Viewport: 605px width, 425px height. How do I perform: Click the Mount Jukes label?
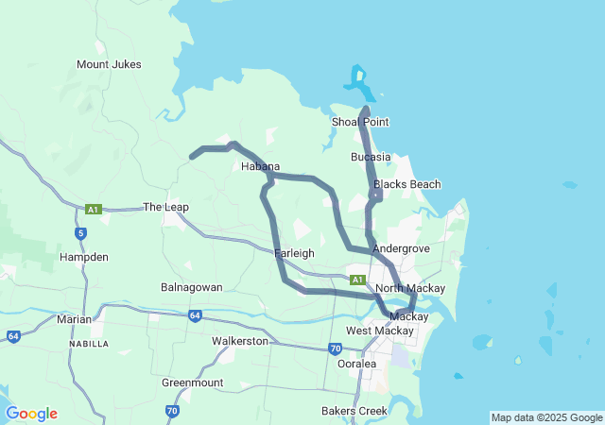(x=109, y=64)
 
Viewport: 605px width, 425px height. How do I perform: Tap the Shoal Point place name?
(x=360, y=122)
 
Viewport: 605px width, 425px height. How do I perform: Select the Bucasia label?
(x=371, y=156)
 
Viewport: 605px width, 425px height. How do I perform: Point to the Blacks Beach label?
(x=406, y=184)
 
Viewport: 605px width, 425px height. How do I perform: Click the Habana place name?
(x=260, y=166)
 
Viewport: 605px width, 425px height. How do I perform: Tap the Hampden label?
(x=83, y=256)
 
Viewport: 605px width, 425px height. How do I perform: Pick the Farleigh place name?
(x=293, y=253)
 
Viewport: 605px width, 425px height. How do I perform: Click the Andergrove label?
(x=401, y=248)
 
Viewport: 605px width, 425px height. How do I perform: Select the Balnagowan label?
(x=192, y=286)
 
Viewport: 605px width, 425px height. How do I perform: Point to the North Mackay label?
(x=410, y=288)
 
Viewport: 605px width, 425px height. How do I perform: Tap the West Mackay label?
(x=380, y=331)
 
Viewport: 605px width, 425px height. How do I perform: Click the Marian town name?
(x=74, y=319)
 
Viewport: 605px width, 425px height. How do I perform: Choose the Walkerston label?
(x=240, y=340)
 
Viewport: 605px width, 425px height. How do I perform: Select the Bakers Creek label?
(x=353, y=411)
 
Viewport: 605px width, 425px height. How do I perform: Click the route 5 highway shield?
(x=82, y=232)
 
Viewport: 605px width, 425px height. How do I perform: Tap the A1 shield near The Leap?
(x=93, y=209)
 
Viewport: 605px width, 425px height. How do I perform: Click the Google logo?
(x=31, y=414)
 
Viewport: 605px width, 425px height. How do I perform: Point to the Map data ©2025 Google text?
(x=545, y=417)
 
